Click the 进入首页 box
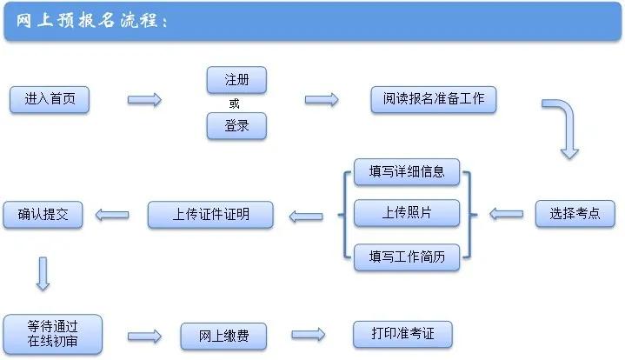point(50,99)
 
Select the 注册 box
point(236,80)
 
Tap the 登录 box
point(236,126)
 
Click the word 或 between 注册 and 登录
point(234,103)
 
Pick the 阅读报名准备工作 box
point(433,99)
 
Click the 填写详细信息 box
point(406,171)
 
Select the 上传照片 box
point(406,213)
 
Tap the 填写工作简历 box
point(406,256)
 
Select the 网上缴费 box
point(223,336)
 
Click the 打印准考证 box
point(403,334)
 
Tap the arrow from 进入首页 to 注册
point(144,100)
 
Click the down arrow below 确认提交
point(43,273)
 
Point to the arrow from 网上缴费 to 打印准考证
point(308,335)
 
